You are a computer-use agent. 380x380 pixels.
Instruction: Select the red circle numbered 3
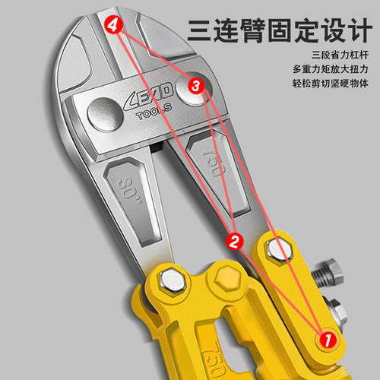[x=195, y=87]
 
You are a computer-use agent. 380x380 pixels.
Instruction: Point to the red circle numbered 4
[x=113, y=27]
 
